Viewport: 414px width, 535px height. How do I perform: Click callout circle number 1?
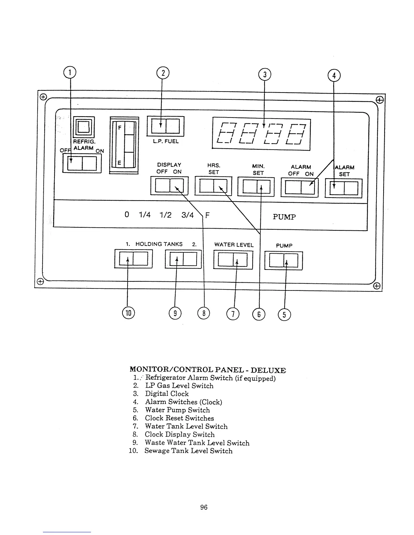[x=70, y=72]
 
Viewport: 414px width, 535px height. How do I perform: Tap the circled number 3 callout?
[x=264, y=75]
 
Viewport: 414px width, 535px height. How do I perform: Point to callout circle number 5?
[x=284, y=315]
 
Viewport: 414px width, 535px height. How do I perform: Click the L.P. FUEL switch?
[x=165, y=126]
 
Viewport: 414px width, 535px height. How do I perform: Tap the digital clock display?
[x=261, y=134]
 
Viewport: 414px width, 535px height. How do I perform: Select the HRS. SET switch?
[x=213, y=186]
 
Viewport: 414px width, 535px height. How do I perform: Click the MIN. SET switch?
[x=256, y=187]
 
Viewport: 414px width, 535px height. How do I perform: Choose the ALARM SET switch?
[x=344, y=188]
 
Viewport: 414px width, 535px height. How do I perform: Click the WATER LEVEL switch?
[x=233, y=259]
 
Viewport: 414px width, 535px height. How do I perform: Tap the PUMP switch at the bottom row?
[x=283, y=260]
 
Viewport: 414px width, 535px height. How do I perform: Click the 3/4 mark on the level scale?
[x=187, y=215]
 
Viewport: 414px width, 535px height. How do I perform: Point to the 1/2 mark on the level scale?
[x=166, y=215]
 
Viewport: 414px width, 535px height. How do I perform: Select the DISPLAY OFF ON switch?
[x=169, y=186]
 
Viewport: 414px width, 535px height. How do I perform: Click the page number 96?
[x=204, y=507]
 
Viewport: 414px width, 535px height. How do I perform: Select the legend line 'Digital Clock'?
[x=167, y=394]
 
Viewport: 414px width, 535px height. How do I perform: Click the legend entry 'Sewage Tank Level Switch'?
[x=188, y=451]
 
